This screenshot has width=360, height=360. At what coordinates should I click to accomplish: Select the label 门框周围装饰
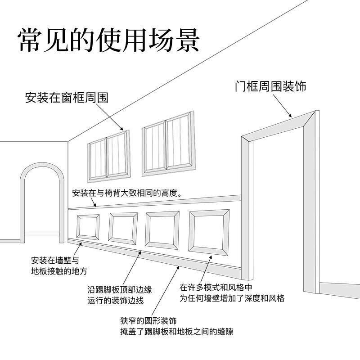point(270,86)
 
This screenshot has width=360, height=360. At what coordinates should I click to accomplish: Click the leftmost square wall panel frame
point(88,226)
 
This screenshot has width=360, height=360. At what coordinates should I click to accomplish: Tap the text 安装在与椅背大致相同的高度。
point(127,194)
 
